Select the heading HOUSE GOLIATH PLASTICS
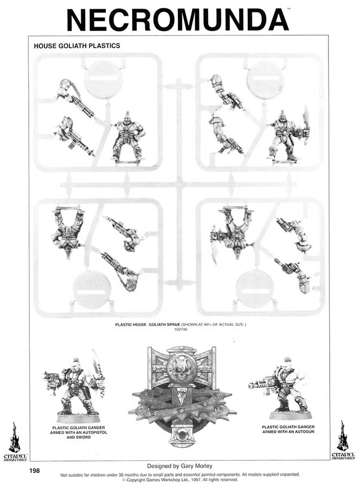click(x=76, y=46)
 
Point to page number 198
click(x=34, y=471)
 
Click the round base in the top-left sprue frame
click(x=103, y=79)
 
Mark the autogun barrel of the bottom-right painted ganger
click(x=259, y=386)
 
